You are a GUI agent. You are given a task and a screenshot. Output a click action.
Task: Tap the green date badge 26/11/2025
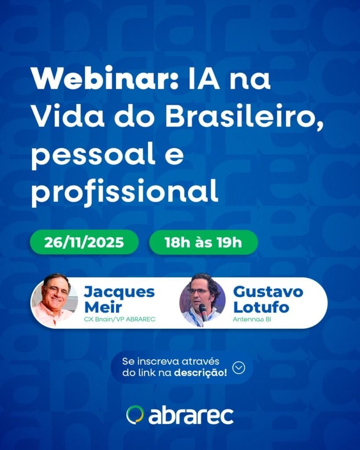click(84, 242)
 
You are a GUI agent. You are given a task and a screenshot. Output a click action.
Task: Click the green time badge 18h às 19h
click(203, 242)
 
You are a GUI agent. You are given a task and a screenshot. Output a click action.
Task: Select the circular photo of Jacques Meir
click(55, 300)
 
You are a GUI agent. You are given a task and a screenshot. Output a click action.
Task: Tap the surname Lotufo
click(261, 307)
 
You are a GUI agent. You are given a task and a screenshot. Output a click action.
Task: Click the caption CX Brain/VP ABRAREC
click(120, 319)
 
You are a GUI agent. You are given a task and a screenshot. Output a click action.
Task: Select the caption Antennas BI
click(252, 319)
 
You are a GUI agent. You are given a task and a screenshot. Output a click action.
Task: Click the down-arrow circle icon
click(239, 367)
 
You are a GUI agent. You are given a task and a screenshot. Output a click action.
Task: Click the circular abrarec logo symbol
click(135, 415)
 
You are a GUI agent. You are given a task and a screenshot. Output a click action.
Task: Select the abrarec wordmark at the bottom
click(191, 416)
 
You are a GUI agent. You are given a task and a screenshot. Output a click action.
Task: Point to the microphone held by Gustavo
click(203, 312)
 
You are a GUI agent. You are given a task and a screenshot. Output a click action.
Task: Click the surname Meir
click(103, 307)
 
